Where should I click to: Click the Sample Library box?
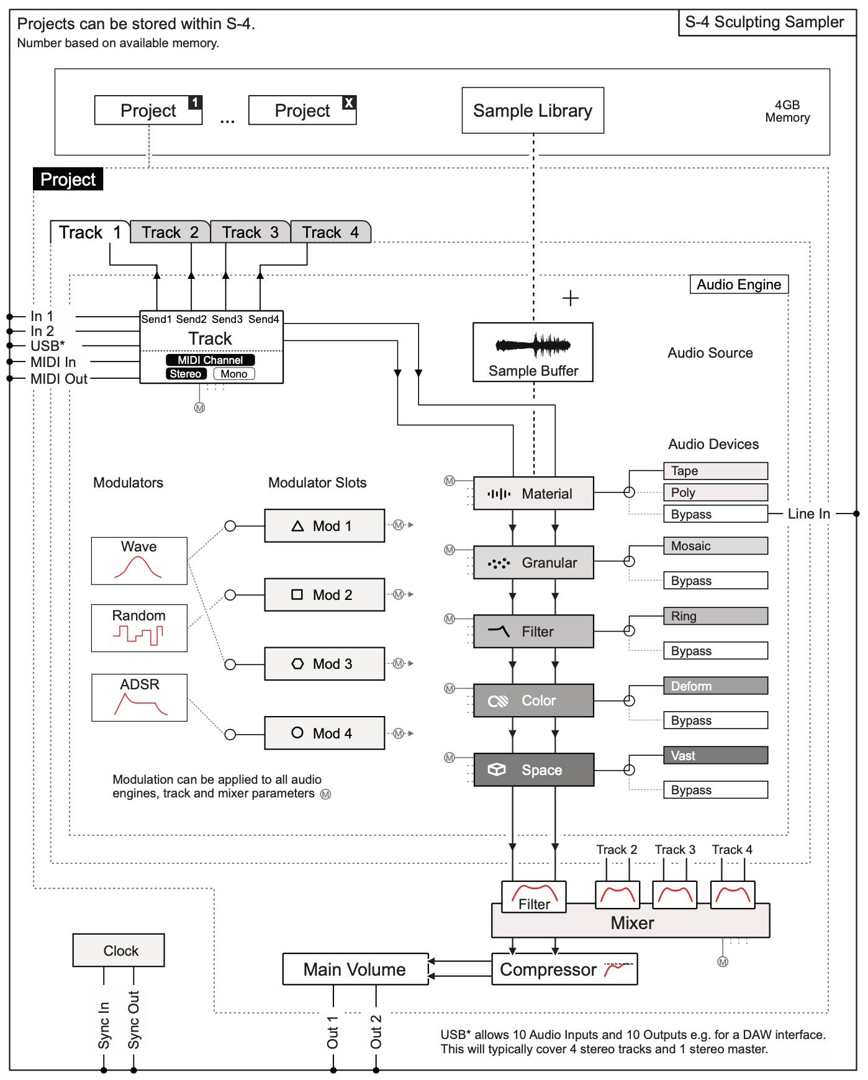point(532,111)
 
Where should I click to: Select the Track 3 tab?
point(250,232)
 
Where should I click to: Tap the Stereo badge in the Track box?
point(186,374)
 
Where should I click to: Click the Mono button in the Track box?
point(234,374)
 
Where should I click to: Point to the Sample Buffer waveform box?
point(533,352)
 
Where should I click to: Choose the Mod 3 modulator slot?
point(324,664)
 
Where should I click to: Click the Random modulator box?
point(139,628)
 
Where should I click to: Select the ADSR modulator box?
point(139,697)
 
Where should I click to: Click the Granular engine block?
point(533,563)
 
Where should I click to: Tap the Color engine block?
point(533,701)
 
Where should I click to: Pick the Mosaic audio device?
point(715,546)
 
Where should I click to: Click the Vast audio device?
point(715,756)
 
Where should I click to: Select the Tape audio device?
point(715,471)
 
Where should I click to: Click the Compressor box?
point(564,969)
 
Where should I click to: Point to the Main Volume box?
point(355,969)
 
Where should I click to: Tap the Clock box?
point(119,951)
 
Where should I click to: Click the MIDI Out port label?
point(59,379)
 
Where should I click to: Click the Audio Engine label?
point(739,284)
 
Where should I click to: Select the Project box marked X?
point(302,111)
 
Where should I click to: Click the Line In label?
point(808,514)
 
